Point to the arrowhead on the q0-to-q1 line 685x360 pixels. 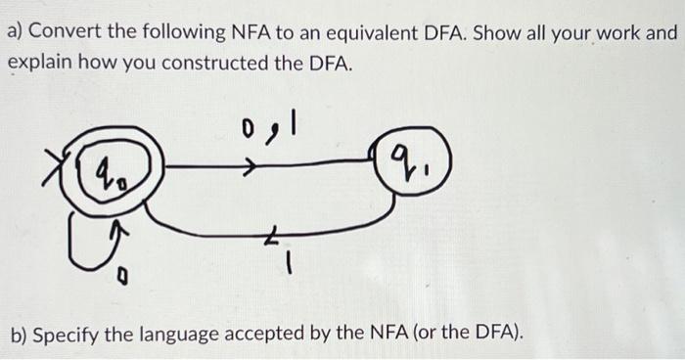point(256,168)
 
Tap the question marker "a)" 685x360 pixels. point(16,31)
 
